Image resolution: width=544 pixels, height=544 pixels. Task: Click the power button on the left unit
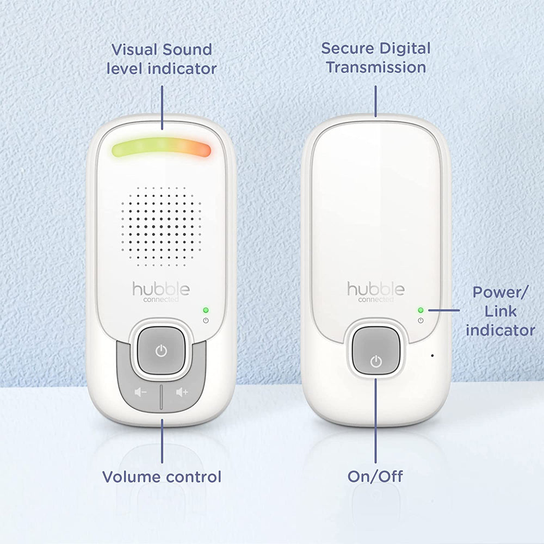161,351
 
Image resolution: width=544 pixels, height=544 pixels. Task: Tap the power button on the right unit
375,360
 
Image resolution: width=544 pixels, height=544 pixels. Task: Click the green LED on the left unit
206,310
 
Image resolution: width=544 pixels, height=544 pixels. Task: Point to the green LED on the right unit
421,310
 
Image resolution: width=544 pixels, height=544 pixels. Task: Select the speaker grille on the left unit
161,226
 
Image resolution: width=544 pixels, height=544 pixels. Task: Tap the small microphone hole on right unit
432,356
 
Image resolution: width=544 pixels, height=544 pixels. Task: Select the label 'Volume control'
162,477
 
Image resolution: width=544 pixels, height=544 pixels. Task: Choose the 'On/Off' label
375,477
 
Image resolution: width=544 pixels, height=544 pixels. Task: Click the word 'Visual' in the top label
134,50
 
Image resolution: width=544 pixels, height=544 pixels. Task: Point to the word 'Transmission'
375,67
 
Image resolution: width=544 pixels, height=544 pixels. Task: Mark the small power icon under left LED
206,320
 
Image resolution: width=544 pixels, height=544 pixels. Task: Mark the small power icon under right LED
421,320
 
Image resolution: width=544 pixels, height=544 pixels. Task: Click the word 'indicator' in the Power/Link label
500,330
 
